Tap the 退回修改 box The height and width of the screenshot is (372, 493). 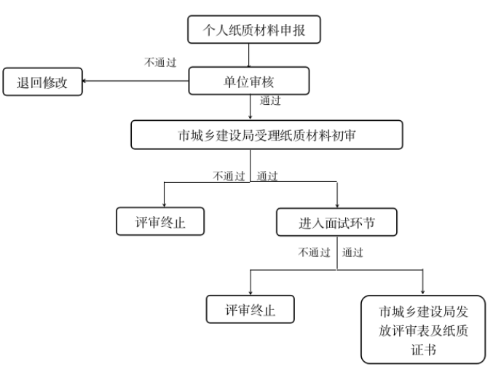pos(42,82)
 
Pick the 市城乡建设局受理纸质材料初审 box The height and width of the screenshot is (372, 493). pos(267,135)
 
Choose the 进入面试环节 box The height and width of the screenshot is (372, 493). pos(336,222)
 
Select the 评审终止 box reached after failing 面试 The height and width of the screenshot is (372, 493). pos(251,309)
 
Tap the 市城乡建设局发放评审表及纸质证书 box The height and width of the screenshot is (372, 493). pos(423,328)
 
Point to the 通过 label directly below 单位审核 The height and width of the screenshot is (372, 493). pos(270,101)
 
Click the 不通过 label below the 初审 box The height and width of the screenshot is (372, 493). pos(229,176)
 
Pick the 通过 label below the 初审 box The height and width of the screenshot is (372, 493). pos(267,176)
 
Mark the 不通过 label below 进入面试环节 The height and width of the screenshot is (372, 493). pos(314,253)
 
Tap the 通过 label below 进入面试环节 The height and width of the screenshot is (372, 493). pos(352,253)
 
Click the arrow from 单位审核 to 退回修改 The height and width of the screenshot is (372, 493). pos(135,82)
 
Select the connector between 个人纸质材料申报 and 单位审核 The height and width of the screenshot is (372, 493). pos(250,55)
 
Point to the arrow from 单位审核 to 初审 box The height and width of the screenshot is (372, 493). pos(250,108)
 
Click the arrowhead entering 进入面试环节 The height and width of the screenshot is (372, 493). pos(337,205)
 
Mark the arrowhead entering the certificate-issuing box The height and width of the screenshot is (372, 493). pos(423,291)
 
